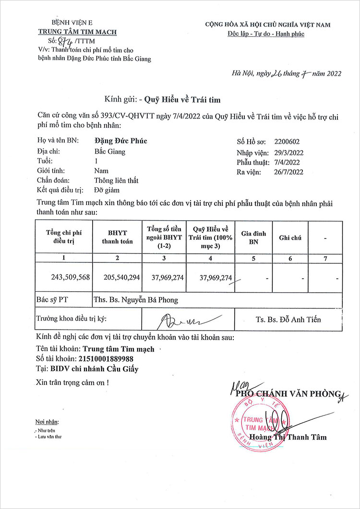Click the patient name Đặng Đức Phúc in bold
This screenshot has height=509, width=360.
pos(120,141)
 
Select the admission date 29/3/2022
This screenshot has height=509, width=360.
pos(289,153)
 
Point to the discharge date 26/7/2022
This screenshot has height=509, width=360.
pos(289,172)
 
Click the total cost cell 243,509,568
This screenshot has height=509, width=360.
pos(71,277)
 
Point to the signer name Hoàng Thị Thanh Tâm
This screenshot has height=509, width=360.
pos(291,437)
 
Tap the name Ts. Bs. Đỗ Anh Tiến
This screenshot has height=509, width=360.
pos(288,320)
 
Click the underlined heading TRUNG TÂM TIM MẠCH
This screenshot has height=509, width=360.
pos(77,32)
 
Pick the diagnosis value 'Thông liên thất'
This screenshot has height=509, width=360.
pos(116,180)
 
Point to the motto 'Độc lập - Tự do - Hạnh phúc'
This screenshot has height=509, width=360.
pos(266,34)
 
